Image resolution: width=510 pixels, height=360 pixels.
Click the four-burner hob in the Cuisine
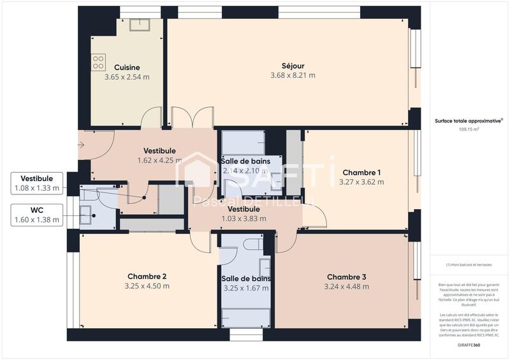(99, 62)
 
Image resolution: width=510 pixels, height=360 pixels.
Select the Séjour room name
(293, 65)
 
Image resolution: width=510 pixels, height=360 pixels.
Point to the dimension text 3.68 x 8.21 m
(293, 75)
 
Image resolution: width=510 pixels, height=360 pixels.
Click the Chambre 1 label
(361, 173)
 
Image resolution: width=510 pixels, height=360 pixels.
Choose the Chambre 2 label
(147, 276)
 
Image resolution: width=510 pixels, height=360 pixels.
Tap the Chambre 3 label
(346, 277)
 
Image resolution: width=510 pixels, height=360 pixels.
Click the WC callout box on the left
(37, 215)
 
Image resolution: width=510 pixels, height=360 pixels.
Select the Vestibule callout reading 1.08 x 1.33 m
(37, 183)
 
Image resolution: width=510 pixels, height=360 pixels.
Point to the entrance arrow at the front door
(82, 145)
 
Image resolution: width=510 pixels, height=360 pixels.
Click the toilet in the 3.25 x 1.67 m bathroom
(251, 243)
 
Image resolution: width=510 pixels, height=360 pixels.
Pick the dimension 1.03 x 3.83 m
(244, 219)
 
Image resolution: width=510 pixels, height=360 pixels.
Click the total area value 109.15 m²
(469, 129)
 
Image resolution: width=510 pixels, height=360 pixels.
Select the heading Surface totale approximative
(469, 120)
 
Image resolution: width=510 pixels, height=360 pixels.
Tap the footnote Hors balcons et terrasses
(469, 264)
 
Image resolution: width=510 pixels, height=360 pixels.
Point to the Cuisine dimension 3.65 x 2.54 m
(127, 77)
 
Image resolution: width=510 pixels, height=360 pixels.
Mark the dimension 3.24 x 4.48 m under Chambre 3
(346, 286)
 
